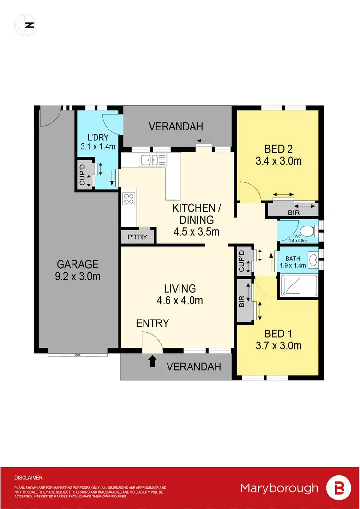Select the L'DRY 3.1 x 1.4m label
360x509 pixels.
98,142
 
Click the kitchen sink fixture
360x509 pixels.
152,159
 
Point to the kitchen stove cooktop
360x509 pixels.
129,199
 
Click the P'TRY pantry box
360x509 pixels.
137,237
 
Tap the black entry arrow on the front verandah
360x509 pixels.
153,361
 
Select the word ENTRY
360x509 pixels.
152,323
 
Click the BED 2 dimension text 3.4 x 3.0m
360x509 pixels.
279,161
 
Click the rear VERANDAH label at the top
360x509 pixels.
176,127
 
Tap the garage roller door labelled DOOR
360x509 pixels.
77,355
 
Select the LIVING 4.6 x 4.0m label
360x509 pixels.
180,294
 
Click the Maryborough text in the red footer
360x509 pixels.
279,488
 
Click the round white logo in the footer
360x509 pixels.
338,488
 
